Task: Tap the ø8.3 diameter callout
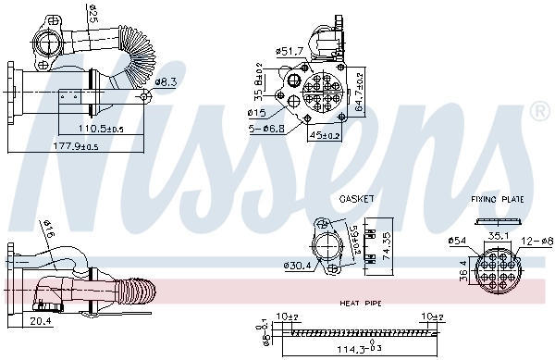(166, 82)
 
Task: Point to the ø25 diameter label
(92, 16)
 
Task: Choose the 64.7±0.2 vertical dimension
(360, 90)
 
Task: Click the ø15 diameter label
(258, 113)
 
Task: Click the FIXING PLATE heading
(496, 199)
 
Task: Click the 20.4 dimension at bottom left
(41, 322)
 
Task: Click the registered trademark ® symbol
(538, 112)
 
